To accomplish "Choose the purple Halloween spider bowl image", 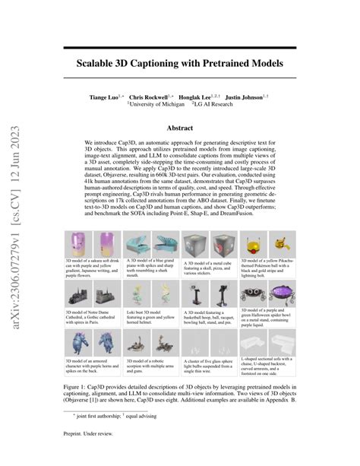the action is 269,291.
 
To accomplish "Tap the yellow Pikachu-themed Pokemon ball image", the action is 267,246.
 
